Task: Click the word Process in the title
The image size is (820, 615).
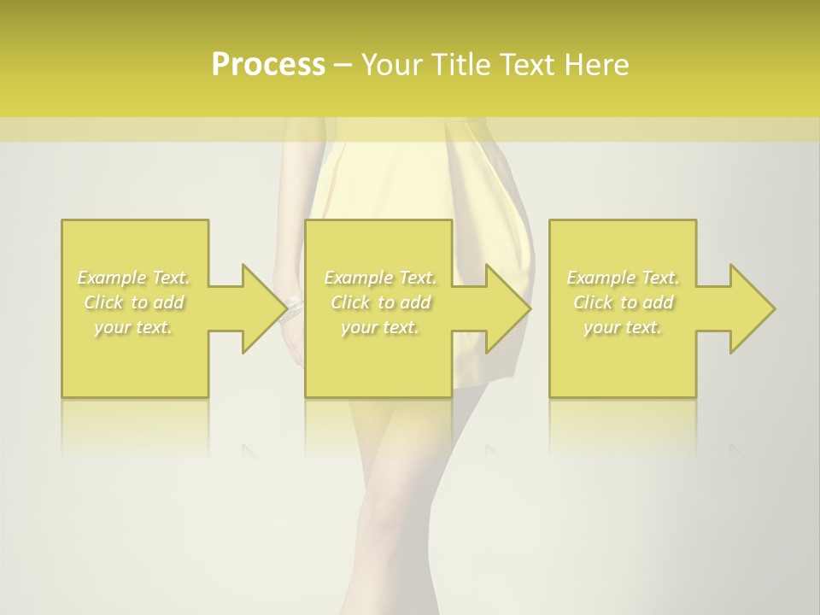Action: click(x=268, y=65)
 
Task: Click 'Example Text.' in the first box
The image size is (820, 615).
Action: click(x=134, y=278)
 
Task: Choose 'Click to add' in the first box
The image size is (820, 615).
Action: click(x=134, y=302)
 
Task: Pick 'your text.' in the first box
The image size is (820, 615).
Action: click(x=134, y=327)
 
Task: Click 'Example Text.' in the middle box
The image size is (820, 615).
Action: click(x=380, y=278)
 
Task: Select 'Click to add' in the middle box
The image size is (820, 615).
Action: click(x=380, y=302)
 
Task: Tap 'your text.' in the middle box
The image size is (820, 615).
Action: click(x=380, y=327)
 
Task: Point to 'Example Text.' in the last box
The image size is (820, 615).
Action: click(x=623, y=278)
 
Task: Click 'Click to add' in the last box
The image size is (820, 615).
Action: click(x=623, y=302)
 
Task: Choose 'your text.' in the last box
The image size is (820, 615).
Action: click(x=623, y=327)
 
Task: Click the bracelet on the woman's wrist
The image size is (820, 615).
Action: click(x=293, y=305)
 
